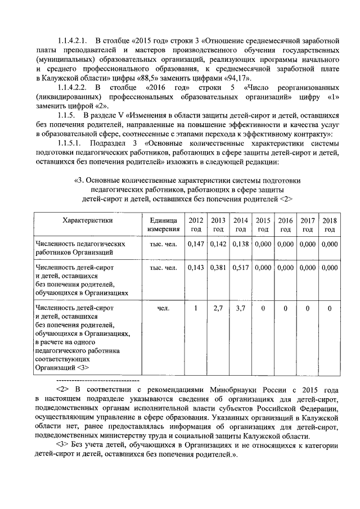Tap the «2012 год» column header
tap(196, 225)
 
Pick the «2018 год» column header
tap(330, 225)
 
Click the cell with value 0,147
tap(196, 244)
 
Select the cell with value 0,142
tap(218, 244)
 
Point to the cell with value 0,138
tap(241, 244)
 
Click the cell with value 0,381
tap(218, 268)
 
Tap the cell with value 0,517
tap(241, 268)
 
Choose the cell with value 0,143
tap(196, 268)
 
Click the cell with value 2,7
tap(218, 308)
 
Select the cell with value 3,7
tap(241, 308)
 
